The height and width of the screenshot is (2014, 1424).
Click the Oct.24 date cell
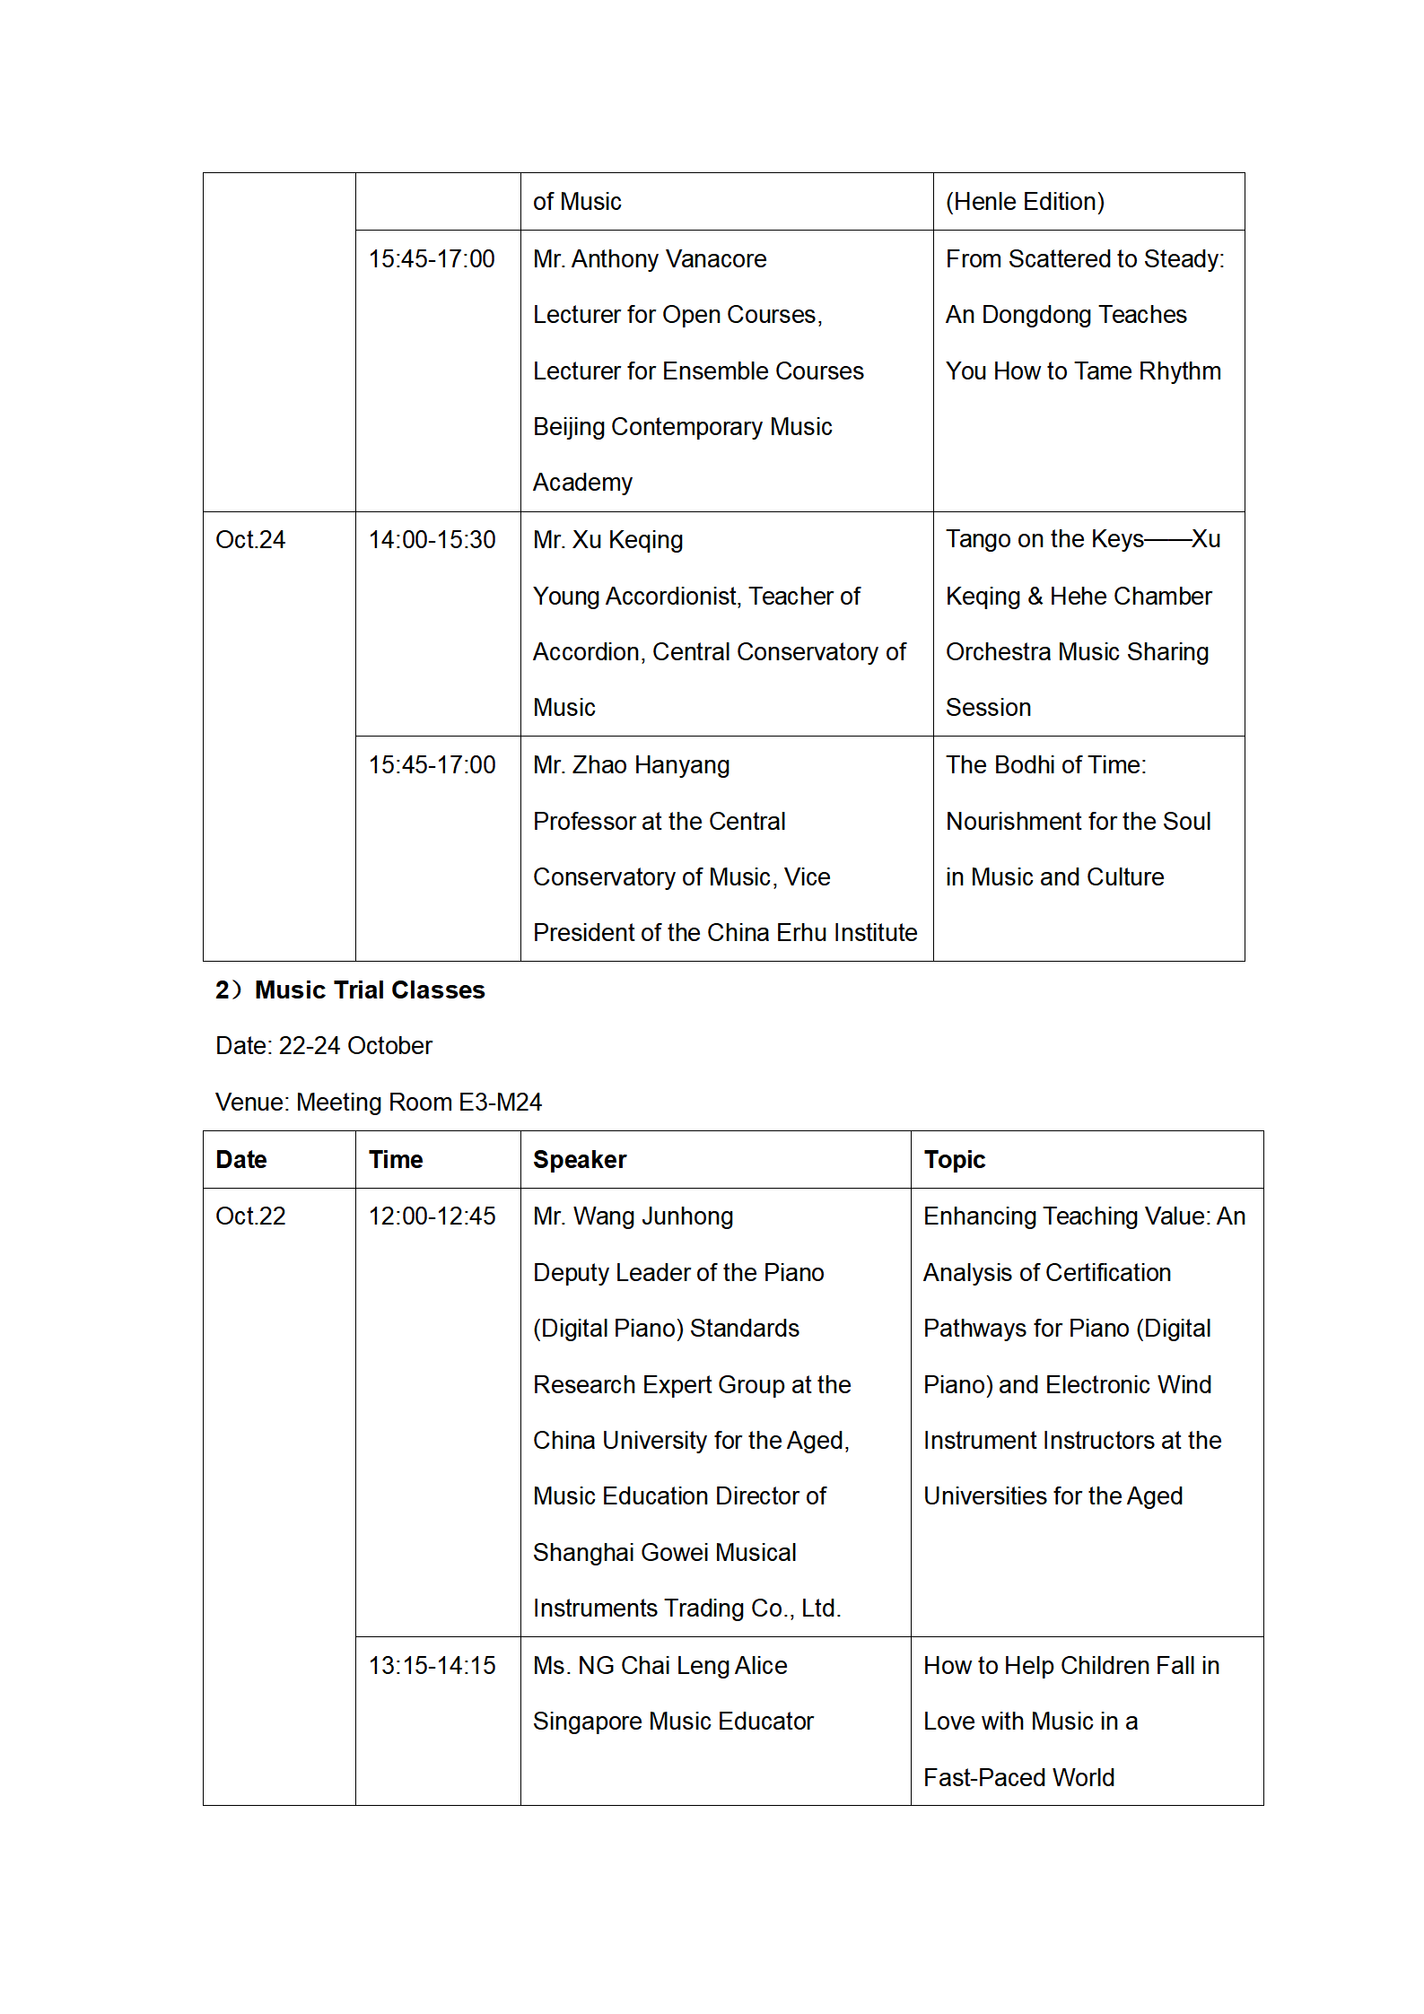click(250, 540)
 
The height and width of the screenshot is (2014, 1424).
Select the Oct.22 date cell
click(250, 1216)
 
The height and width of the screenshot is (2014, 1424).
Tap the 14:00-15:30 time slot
click(432, 540)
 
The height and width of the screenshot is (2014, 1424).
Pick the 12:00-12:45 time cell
click(432, 1216)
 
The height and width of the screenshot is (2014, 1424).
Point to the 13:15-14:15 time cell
click(432, 1666)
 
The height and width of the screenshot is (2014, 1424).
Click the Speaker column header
click(580, 1160)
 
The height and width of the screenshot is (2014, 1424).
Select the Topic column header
click(955, 1160)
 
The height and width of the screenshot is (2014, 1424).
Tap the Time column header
click(396, 1160)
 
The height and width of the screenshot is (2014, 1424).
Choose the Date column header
click(241, 1160)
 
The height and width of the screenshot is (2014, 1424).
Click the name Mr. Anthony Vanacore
click(650, 259)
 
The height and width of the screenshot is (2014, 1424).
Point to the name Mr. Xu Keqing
click(607, 540)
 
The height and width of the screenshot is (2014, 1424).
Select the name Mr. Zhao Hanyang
click(631, 765)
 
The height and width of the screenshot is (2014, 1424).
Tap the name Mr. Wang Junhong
click(633, 1216)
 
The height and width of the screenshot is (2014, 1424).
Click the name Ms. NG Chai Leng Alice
click(660, 1666)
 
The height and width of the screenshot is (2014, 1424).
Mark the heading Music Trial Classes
click(370, 990)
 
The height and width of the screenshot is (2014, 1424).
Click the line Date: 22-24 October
click(324, 1046)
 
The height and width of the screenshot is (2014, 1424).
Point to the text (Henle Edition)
click(1025, 202)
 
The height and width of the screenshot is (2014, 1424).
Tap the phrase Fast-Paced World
click(1018, 1778)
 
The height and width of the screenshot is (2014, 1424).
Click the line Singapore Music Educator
click(673, 1722)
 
